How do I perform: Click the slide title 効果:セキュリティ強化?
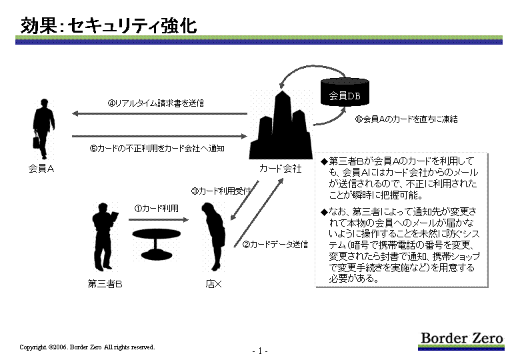[x=109, y=25]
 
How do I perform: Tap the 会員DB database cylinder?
[x=345, y=92]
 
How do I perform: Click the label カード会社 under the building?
[x=280, y=169]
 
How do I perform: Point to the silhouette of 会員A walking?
[x=43, y=129]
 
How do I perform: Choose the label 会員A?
[x=41, y=169]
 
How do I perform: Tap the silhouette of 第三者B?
[x=104, y=237]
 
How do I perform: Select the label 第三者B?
[x=105, y=284]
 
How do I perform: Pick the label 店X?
[x=213, y=284]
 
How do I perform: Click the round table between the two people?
[x=156, y=244]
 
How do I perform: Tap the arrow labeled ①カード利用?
[x=159, y=219]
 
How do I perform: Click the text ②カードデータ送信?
[x=275, y=245]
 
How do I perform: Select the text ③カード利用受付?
[x=221, y=191]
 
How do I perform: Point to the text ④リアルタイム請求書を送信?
[x=155, y=103]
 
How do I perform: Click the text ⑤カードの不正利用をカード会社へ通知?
[x=157, y=148]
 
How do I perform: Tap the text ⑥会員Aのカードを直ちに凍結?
[x=406, y=119]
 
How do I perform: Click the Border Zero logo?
[x=461, y=341]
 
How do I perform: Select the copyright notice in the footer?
[x=87, y=347]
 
